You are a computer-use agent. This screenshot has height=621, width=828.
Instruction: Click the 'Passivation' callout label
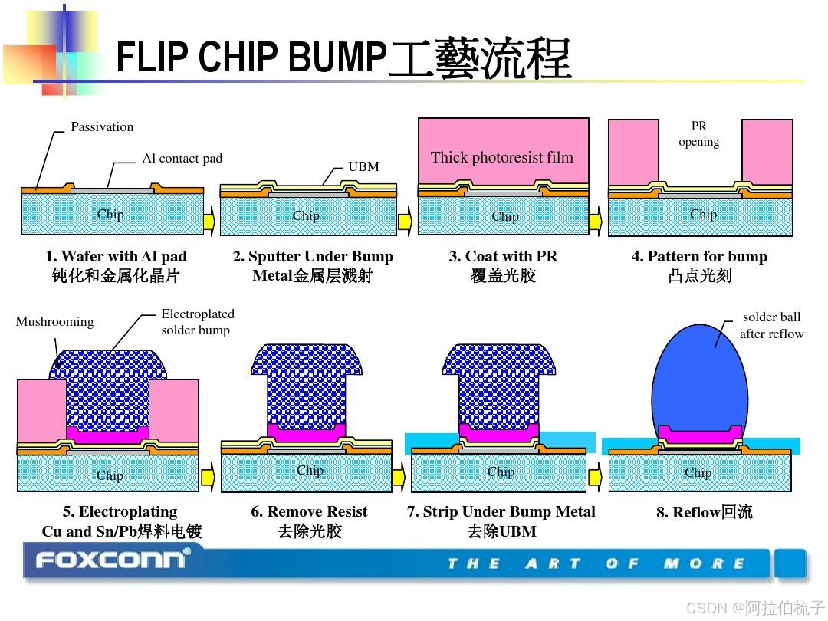point(102,127)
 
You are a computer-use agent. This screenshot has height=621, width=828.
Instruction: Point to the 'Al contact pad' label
point(182,159)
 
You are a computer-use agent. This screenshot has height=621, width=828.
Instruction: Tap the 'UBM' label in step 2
point(363,166)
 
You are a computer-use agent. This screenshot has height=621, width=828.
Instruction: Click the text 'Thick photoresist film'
point(501,158)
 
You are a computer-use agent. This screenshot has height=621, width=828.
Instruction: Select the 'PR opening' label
point(698,134)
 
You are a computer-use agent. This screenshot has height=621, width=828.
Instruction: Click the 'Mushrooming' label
point(54,322)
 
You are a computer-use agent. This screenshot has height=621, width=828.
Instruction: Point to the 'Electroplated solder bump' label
point(197,322)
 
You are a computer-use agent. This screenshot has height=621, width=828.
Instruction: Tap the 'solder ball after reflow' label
point(771,325)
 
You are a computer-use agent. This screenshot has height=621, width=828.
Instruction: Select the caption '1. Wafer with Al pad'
point(116,257)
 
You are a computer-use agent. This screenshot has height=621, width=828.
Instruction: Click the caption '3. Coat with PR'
point(503,257)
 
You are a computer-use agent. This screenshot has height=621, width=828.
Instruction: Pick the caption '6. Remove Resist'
point(309,511)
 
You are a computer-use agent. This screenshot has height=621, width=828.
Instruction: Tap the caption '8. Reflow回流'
point(704,512)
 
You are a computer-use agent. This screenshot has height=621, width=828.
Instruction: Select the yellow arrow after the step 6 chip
point(398,478)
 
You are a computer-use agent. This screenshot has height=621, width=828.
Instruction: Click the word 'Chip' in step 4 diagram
point(703,215)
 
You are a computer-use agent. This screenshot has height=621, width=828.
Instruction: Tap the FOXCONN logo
point(112,560)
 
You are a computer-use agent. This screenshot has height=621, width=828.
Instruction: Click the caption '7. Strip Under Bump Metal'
point(501,511)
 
